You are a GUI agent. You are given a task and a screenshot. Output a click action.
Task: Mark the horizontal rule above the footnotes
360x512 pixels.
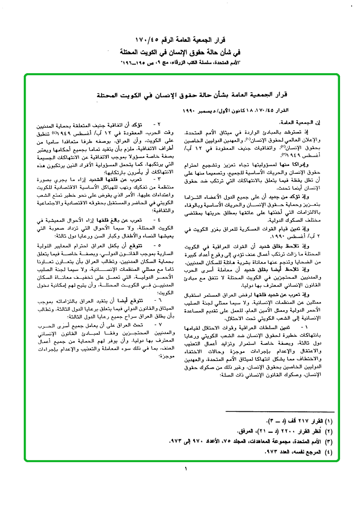pyautogui.click(x=280, y=411)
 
